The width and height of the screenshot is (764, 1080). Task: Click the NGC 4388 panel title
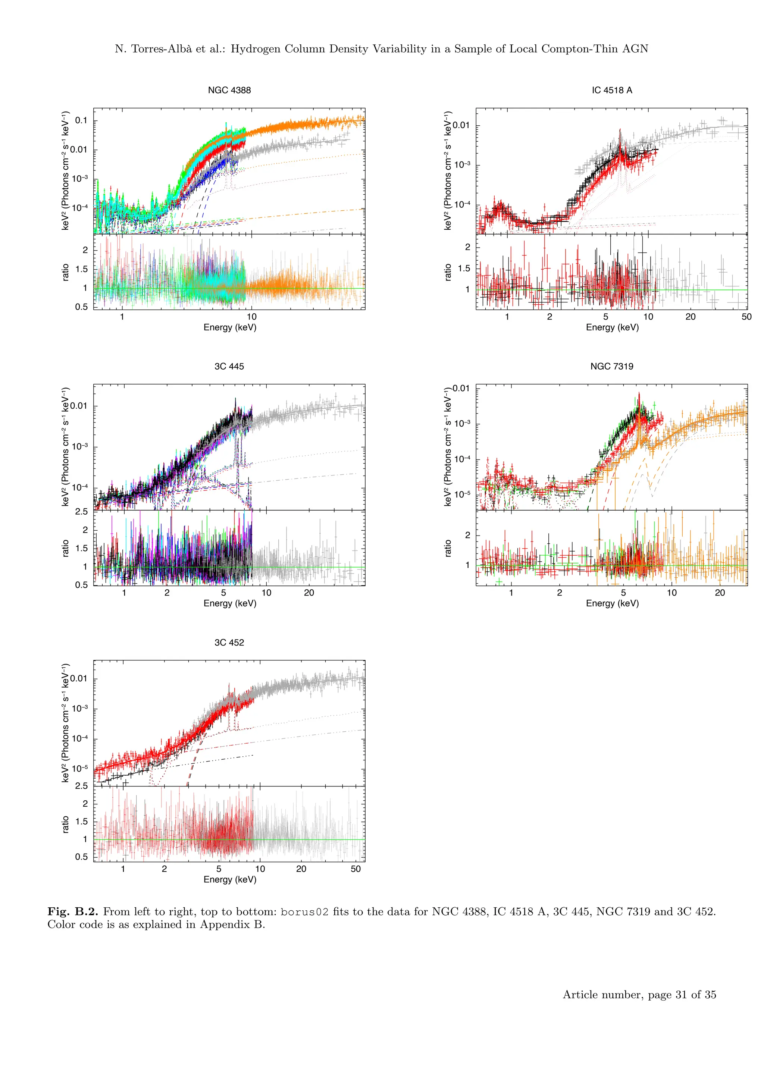click(229, 90)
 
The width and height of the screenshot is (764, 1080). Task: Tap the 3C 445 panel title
click(229, 367)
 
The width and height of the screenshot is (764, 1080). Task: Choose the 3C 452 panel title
click(229, 643)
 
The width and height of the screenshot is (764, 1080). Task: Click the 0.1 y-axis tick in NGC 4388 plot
click(81, 120)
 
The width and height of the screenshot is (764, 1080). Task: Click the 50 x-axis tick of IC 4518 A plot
click(746, 317)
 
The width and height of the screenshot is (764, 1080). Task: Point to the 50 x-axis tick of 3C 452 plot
click(356, 869)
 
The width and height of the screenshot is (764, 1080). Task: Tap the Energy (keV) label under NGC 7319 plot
click(612, 603)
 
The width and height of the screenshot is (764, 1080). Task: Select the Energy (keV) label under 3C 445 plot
click(229, 603)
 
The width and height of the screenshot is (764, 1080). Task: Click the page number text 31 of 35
click(695, 994)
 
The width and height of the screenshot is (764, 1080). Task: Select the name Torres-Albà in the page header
click(161, 49)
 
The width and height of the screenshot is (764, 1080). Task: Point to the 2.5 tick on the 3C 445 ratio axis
click(81, 511)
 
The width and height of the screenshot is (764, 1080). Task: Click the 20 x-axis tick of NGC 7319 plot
click(720, 593)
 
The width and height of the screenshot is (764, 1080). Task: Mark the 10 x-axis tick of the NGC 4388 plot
click(252, 317)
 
